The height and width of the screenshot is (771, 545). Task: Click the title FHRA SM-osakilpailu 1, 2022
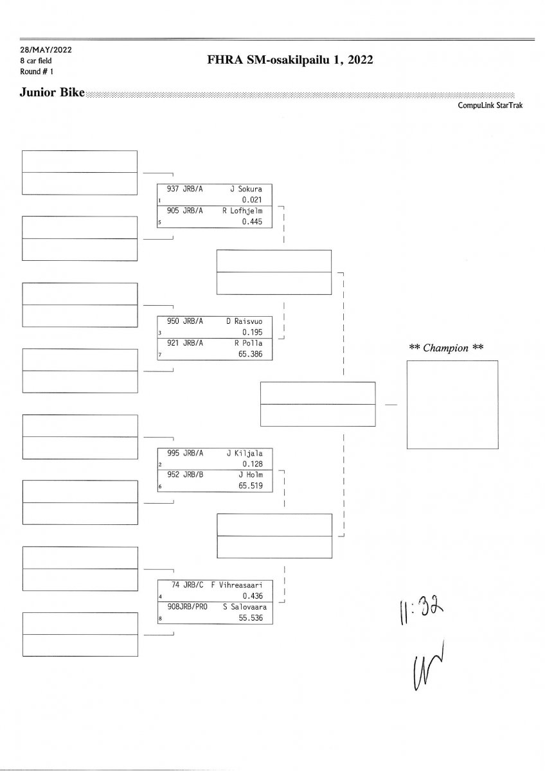(290, 60)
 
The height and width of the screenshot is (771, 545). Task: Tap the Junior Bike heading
(53, 94)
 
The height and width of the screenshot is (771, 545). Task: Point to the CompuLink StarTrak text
(490, 106)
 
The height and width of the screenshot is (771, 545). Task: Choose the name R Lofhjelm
(243, 210)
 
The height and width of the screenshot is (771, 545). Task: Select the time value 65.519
(250, 486)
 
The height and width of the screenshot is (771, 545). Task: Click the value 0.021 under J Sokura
(252, 200)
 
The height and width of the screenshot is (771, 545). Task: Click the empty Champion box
(452, 404)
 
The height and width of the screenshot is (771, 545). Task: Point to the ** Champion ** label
(446, 348)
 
